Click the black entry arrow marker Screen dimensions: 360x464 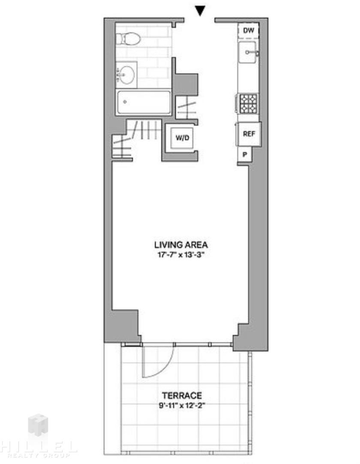tap(200, 11)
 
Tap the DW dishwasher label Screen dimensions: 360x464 tap(248, 30)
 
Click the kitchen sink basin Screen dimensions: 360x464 tap(248, 53)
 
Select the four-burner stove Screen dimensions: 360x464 tap(248, 104)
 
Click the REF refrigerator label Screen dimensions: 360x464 tap(249, 134)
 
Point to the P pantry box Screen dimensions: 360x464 tap(245, 155)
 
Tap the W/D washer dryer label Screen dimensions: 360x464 tap(182, 138)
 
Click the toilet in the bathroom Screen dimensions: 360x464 tap(128, 39)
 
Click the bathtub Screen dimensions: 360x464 tap(144, 102)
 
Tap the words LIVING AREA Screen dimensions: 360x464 tap(181, 245)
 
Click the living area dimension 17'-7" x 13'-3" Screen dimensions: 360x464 tap(181, 255)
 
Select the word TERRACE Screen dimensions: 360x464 tap(182, 395)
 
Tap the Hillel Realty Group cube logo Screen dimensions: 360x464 tap(38, 425)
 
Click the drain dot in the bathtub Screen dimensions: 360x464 tap(125, 102)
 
